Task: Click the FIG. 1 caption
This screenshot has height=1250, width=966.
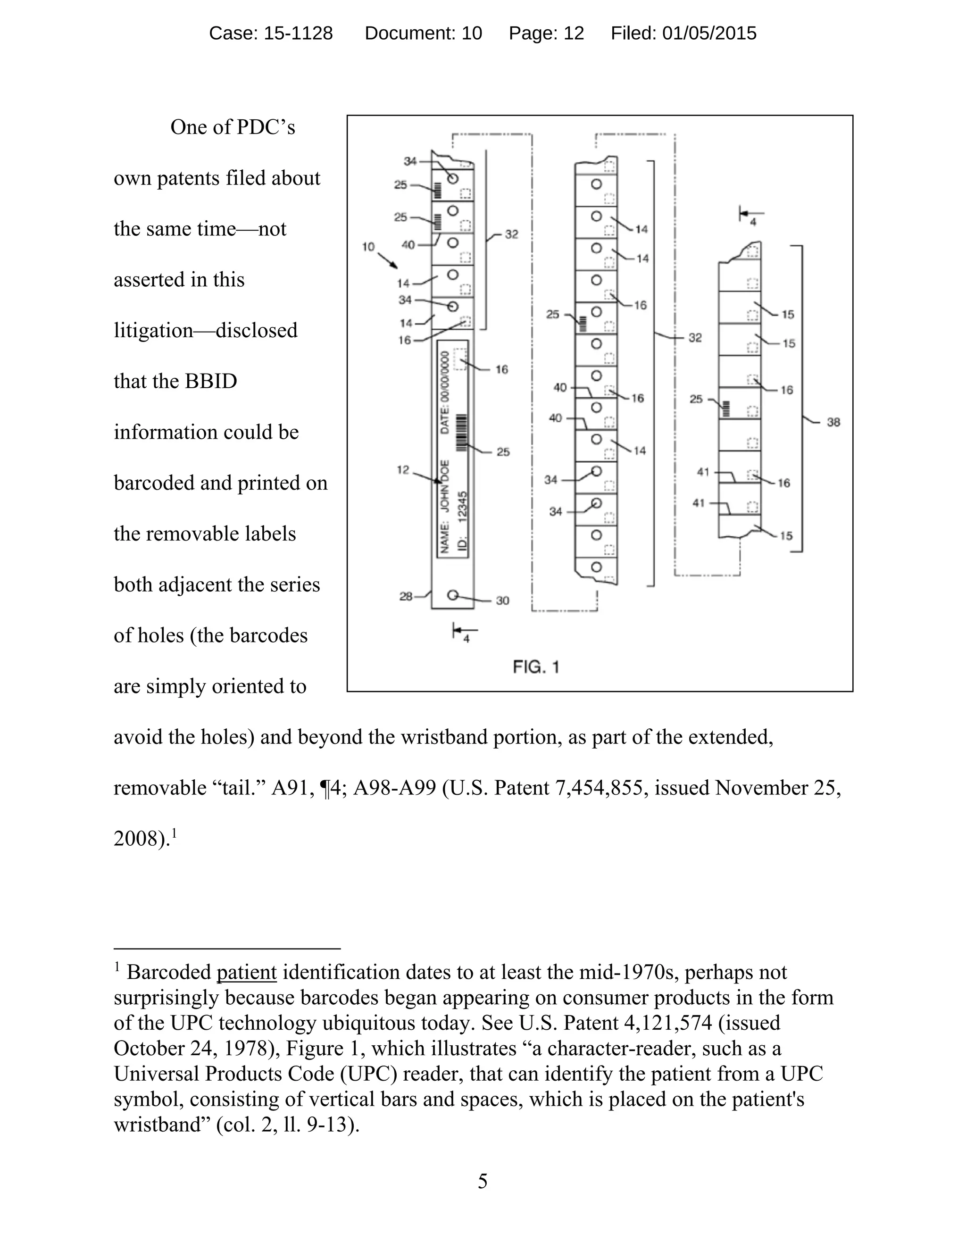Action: [536, 667]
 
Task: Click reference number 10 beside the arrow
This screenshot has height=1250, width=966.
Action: [368, 247]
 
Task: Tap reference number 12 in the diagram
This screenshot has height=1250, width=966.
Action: [403, 470]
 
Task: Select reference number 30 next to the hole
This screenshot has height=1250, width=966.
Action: [502, 600]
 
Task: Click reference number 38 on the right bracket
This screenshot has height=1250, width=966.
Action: [833, 422]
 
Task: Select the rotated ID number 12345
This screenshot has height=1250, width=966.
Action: [463, 505]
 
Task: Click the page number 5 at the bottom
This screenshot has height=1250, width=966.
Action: [483, 1181]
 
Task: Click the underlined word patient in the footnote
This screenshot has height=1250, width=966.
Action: [247, 973]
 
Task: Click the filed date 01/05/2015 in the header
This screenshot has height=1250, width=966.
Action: [709, 33]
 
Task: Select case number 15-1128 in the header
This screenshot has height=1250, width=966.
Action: [298, 33]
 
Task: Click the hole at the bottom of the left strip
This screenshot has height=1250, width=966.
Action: [452, 595]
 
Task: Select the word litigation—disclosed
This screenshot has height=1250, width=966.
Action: [206, 330]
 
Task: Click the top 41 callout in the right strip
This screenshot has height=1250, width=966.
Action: [703, 472]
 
